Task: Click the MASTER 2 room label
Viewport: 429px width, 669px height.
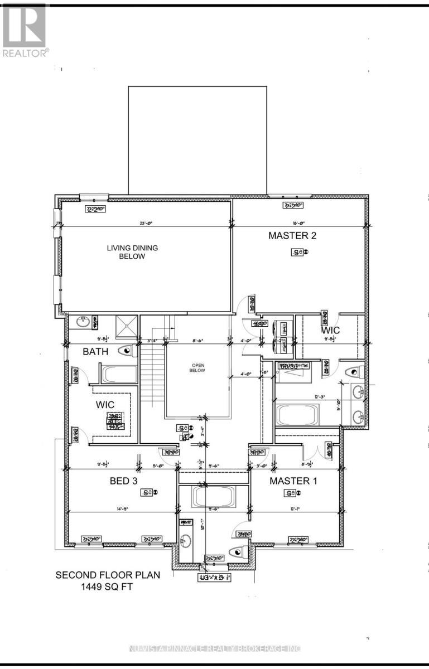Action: (x=292, y=236)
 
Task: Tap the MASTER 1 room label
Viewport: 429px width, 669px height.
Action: (x=293, y=481)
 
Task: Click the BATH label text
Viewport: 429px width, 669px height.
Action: (x=95, y=352)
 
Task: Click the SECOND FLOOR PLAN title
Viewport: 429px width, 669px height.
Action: (x=108, y=574)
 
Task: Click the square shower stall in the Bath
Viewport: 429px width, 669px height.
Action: (x=126, y=324)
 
